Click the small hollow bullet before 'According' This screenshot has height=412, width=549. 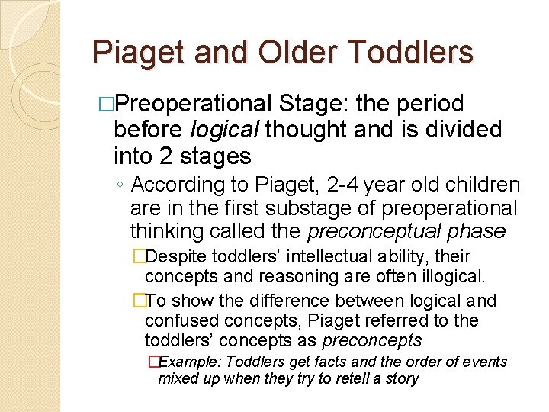pyautogui.click(x=121, y=185)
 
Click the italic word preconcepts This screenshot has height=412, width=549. pyautogui.click(x=371, y=340)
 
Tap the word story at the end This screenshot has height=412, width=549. pyautogui.click(x=402, y=378)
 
